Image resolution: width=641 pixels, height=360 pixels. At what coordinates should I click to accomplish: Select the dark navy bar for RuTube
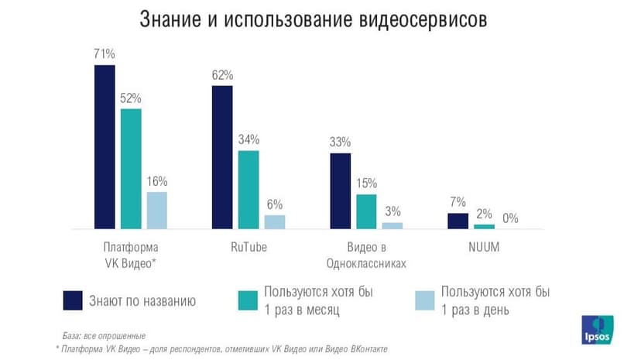222,157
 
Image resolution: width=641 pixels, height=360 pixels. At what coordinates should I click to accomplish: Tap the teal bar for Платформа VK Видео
131,169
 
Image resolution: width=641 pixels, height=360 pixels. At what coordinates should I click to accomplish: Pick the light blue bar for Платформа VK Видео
156,210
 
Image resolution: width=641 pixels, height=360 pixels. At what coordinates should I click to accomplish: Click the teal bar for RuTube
249,190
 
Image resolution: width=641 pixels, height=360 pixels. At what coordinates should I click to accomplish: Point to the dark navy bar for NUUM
458,221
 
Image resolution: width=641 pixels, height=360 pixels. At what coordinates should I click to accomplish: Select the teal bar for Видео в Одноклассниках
366,211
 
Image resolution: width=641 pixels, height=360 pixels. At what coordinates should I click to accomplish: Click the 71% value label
105,54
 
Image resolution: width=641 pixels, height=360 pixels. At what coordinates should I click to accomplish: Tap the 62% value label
222,75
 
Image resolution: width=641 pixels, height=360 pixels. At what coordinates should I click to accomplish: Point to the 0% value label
510,219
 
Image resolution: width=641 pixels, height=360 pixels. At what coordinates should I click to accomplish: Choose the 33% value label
340,142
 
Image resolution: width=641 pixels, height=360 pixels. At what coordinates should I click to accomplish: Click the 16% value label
156,181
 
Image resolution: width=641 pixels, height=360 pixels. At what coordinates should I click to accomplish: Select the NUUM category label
484,249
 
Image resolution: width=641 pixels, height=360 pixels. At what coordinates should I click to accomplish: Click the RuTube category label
249,249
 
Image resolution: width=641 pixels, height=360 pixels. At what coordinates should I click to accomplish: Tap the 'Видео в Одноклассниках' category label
366,255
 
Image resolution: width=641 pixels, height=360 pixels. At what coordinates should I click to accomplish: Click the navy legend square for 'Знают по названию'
74,300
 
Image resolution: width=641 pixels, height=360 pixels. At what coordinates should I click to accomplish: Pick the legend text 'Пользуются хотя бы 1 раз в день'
495,300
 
